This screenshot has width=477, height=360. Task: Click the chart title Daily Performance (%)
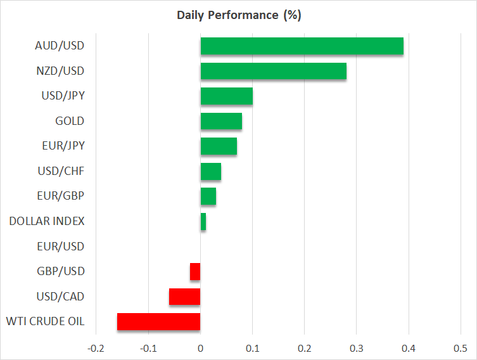239,15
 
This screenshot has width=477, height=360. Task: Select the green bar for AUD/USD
302,46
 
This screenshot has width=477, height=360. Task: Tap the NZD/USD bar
274,71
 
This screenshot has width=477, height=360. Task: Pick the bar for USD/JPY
227,96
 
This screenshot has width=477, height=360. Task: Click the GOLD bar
222,121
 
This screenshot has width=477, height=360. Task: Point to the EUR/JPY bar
219,146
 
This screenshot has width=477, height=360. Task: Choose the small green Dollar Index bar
203,222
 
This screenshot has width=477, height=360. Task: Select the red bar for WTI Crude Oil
159,322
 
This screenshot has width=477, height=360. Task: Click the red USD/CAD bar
184,297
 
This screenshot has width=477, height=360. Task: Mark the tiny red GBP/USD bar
195,271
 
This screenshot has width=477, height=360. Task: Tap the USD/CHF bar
211,171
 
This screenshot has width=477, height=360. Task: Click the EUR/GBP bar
208,196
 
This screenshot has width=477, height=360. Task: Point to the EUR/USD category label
61,246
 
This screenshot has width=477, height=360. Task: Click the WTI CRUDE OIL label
46,321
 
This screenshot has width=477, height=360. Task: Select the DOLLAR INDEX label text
47,221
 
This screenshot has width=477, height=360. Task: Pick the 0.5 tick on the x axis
461,348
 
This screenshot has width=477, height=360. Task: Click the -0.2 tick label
96,348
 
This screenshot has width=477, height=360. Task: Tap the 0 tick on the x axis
200,348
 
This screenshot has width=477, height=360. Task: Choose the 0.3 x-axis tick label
356,348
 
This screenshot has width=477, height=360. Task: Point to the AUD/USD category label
60,46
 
